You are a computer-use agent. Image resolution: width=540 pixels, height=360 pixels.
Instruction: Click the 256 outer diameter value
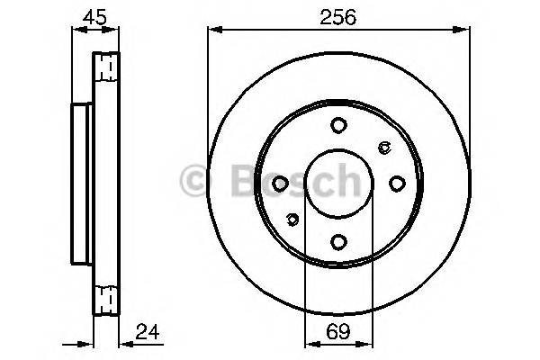(x=338, y=16)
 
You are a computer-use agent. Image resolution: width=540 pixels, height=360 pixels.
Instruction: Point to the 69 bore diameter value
(x=337, y=331)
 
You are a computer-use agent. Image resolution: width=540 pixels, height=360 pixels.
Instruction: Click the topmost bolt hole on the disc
(x=337, y=126)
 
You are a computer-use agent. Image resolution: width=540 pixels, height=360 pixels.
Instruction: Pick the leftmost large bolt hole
(x=280, y=184)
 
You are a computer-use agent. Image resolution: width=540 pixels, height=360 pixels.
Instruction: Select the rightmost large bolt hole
(x=396, y=184)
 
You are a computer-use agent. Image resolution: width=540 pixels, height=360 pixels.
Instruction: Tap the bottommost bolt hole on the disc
(x=337, y=241)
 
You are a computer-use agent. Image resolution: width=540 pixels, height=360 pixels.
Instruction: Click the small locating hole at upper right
(x=384, y=148)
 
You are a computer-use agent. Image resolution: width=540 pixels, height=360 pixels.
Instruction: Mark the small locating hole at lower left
(x=291, y=219)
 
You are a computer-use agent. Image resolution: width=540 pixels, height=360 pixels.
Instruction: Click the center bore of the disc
(x=337, y=184)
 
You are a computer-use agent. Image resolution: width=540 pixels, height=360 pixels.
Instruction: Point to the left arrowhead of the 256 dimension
(x=212, y=30)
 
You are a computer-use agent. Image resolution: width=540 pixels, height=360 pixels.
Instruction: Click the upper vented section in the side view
(x=105, y=67)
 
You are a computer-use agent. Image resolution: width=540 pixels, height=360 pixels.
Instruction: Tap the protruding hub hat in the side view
(x=81, y=184)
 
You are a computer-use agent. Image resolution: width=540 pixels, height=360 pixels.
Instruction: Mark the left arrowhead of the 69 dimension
(x=308, y=342)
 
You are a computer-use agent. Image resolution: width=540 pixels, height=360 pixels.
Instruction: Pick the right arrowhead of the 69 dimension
(x=367, y=342)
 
